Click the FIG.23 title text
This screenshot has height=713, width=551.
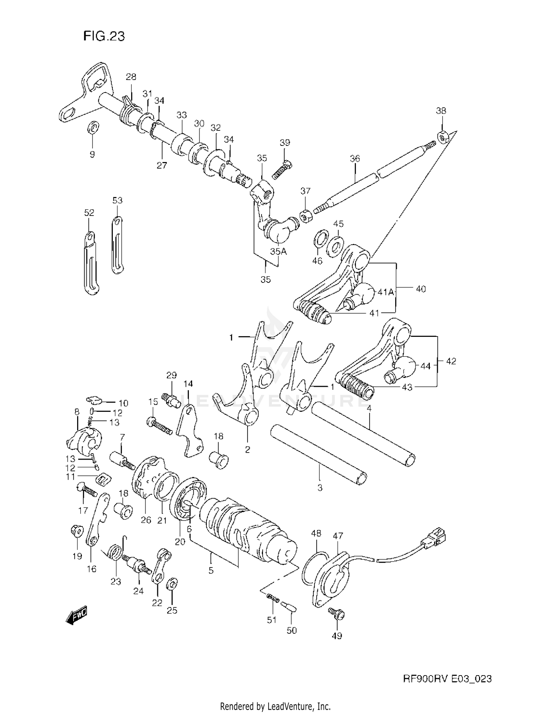pyautogui.click(x=104, y=36)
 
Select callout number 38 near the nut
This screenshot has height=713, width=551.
pyautogui.click(x=441, y=111)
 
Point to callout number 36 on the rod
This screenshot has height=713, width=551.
pyautogui.click(x=355, y=159)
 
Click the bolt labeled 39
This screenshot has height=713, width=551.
pyautogui.click(x=282, y=169)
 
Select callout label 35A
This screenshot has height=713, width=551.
pyautogui.click(x=278, y=252)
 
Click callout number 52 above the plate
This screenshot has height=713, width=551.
pyautogui.click(x=89, y=213)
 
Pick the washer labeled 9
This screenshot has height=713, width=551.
pyautogui.click(x=93, y=128)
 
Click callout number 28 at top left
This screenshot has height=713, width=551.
pyautogui.click(x=131, y=77)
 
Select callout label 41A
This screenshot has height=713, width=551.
pyautogui.click(x=386, y=292)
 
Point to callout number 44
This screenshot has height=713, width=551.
pyautogui.click(x=425, y=366)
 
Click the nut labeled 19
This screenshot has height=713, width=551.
pyautogui.click(x=76, y=532)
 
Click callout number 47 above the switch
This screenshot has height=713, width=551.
pyautogui.click(x=338, y=536)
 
